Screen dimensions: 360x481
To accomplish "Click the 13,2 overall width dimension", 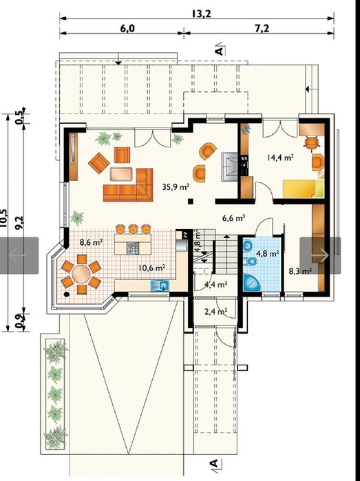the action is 202,14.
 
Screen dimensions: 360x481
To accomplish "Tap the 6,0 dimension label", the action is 127,28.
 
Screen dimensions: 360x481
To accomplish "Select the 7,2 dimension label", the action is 262,28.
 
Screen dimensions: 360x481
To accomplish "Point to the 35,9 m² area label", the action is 176,186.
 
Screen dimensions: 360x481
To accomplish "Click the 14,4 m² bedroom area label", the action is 280,158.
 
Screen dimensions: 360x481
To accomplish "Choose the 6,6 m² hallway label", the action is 233,218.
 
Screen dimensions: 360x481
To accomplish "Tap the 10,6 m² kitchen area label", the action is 152,268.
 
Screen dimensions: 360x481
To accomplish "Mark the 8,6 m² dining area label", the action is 91,242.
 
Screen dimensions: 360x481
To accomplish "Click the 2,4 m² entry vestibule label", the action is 215,311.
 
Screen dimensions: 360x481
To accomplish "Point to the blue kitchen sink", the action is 160,286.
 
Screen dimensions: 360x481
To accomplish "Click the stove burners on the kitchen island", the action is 133,248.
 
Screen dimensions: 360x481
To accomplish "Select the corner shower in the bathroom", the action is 251,283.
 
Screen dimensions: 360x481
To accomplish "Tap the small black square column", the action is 191,201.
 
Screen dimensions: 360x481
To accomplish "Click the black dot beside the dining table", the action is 66,295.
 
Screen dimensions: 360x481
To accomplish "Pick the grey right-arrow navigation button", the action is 320,255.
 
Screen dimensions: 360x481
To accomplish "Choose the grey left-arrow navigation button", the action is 19,255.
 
